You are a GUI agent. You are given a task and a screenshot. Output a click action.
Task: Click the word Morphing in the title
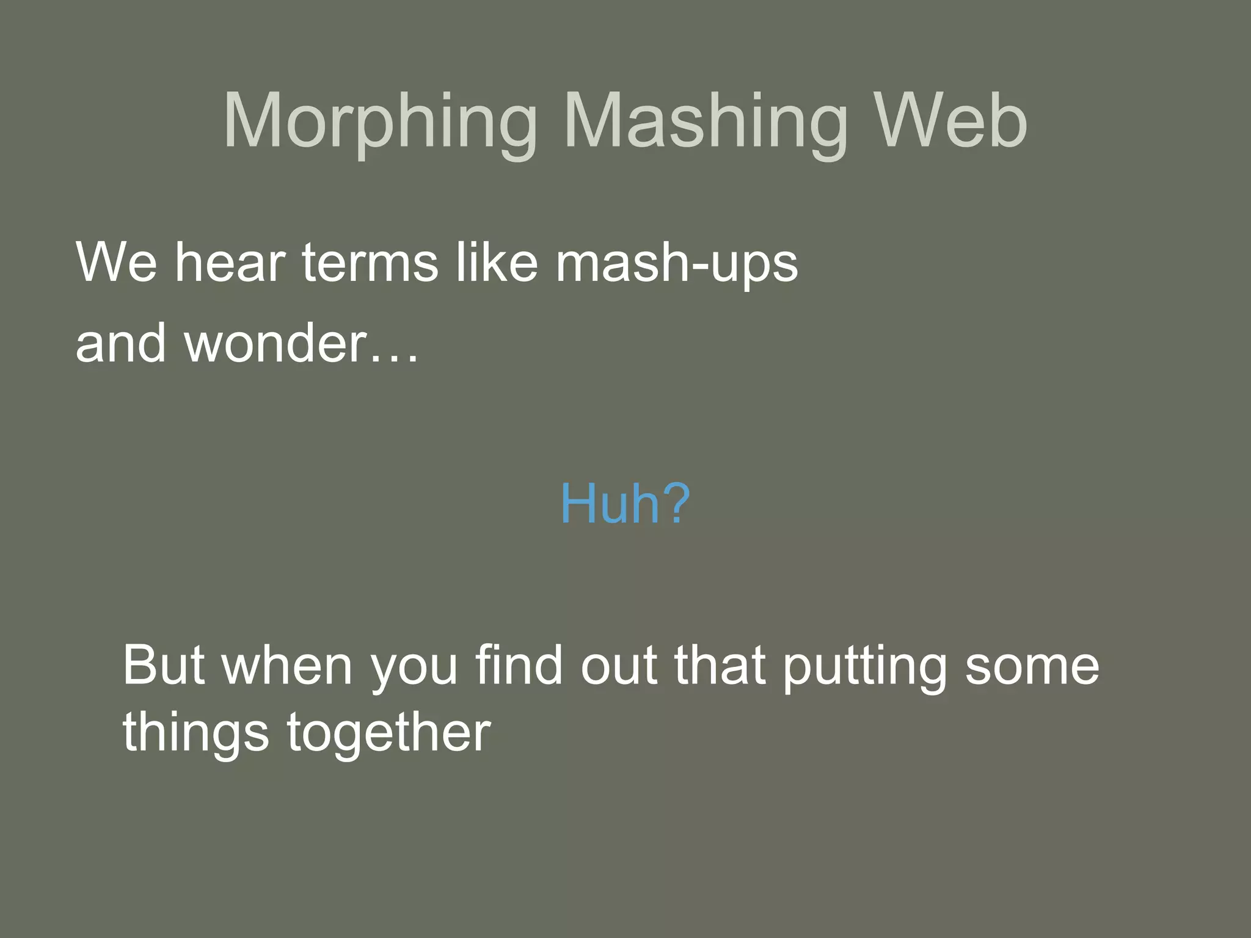(x=380, y=122)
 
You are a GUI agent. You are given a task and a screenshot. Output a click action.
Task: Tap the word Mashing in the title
(x=706, y=122)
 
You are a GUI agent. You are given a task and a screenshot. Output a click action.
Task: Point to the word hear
(x=230, y=262)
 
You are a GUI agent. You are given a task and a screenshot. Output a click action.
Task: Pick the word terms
(x=370, y=262)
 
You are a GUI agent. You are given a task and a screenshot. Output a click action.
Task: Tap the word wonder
(x=275, y=343)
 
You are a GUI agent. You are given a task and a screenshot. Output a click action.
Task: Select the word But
(x=163, y=665)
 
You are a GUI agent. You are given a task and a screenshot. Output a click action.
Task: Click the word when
(x=288, y=665)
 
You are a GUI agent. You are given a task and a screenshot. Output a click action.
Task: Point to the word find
(x=519, y=665)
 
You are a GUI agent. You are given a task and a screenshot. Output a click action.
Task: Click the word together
(x=388, y=733)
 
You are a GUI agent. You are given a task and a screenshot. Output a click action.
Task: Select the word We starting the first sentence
(x=117, y=262)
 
